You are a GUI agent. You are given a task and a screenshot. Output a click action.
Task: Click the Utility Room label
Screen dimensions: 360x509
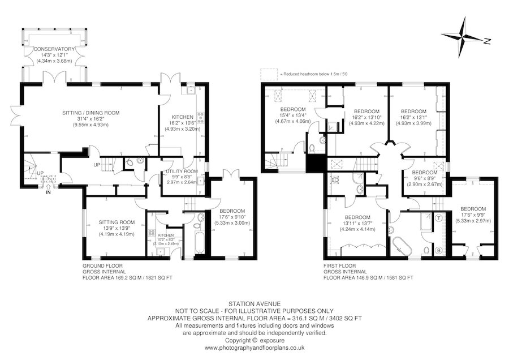point(182,177)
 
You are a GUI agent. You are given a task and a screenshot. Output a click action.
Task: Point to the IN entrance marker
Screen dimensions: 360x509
point(48,191)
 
